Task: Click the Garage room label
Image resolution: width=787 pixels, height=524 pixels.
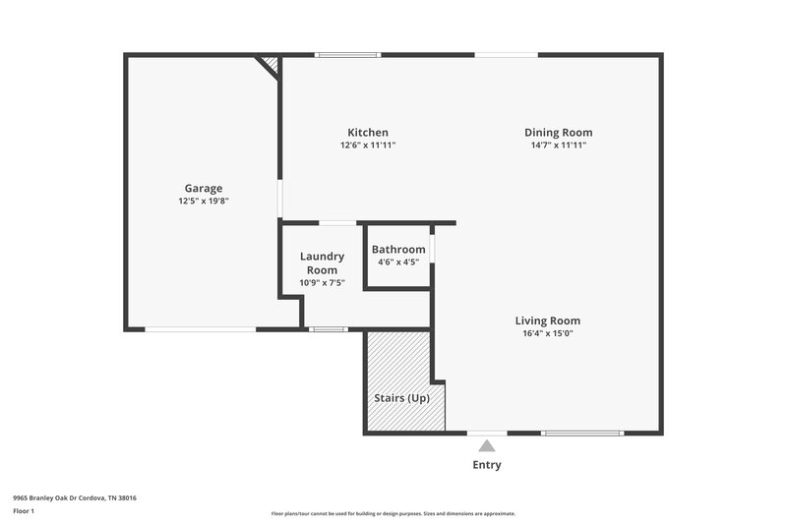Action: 204,188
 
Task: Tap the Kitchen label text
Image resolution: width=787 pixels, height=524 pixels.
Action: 368,133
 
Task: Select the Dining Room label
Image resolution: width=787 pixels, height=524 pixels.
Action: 558,133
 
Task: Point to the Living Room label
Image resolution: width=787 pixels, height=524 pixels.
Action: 548,320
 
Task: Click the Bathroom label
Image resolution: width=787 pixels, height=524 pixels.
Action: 398,250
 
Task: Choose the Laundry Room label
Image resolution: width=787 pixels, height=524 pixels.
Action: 322,263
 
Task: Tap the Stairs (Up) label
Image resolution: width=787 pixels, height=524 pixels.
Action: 401,398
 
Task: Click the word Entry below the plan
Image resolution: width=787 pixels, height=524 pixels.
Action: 487,465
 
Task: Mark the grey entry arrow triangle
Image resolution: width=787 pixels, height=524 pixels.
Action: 487,446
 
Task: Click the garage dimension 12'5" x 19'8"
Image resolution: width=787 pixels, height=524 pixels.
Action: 204,201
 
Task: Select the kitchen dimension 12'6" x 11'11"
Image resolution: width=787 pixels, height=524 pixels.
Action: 368,146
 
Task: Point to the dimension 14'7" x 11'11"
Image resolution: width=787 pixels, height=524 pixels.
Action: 558,146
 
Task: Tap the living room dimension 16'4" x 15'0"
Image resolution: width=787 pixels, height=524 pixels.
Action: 548,333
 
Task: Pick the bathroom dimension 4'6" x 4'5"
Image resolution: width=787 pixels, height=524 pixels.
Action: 398,262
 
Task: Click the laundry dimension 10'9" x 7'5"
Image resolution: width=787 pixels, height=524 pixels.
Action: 322,283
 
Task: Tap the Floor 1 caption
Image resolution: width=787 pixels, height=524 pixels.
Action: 24,512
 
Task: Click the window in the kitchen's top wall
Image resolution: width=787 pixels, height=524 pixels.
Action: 347,55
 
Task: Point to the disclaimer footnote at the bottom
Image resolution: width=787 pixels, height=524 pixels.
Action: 393,513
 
